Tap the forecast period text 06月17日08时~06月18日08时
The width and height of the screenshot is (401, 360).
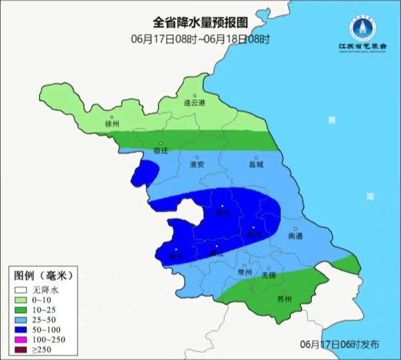pyautogui.click(x=200, y=39)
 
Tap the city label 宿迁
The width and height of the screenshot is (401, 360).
pyautogui.click(x=161, y=151)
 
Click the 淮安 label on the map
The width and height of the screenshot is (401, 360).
pyautogui.click(x=197, y=165)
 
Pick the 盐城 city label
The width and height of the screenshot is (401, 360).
pyautogui.click(x=256, y=165)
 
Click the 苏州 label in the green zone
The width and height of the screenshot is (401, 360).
pyautogui.click(x=285, y=298)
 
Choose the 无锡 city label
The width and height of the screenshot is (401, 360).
pyautogui.click(x=268, y=275)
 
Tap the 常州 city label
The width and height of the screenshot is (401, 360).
pyautogui.click(x=245, y=272)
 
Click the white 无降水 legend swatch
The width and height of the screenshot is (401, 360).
pyautogui.click(x=21, y=290)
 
